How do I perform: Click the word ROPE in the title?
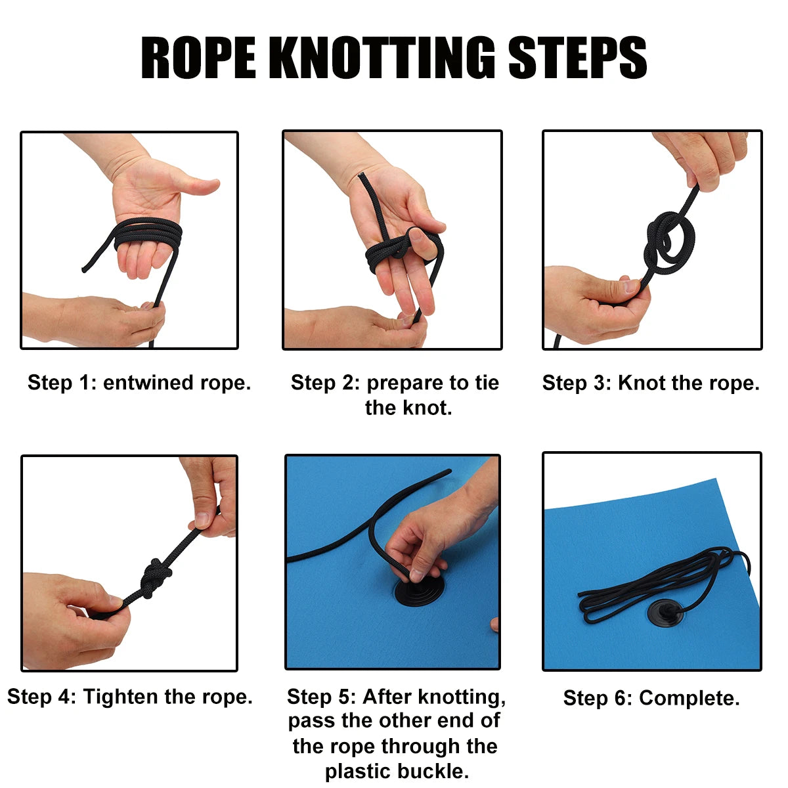point(198,57)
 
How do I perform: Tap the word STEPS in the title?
point(577,57)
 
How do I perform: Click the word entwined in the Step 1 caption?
point(148,383)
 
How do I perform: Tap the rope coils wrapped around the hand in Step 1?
point(148,234)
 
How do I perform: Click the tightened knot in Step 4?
point(156,579)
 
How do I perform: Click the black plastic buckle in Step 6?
point(665,612)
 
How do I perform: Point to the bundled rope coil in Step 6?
point(663,586)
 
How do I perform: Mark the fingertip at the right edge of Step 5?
point(494,624)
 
